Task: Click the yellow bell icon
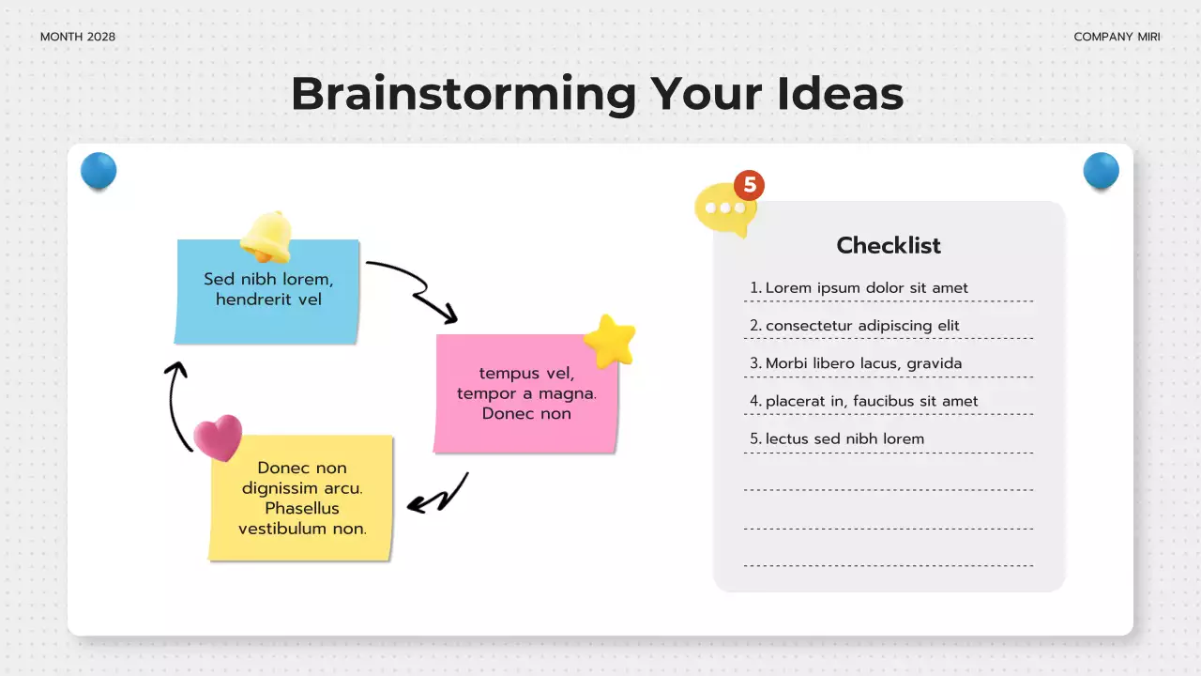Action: click(266, 236)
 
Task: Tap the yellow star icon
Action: click(610, 341)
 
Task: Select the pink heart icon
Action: click(218, 438)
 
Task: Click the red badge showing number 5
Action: click(749, 185)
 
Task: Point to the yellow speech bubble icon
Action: click(723, 209)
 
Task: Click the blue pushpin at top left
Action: click(99, 171)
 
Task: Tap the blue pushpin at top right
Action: click(1101, 171)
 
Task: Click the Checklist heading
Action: click(889, 246)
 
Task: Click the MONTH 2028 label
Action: click(78, 37)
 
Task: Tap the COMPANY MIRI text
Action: click(1117, 37)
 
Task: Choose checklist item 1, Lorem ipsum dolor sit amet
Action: click(866, 288)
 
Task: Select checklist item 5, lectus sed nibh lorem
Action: click(844, 438)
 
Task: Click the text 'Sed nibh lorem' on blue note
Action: click(268, 279)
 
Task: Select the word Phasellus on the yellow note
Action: click(302, 508)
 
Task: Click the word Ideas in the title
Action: click(840, 94)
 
